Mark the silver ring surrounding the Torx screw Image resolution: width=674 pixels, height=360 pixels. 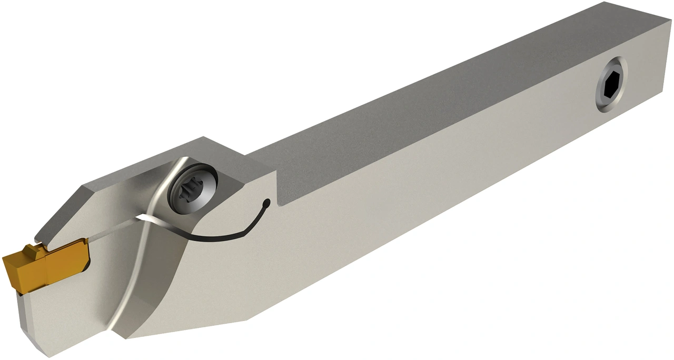point(203,179)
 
